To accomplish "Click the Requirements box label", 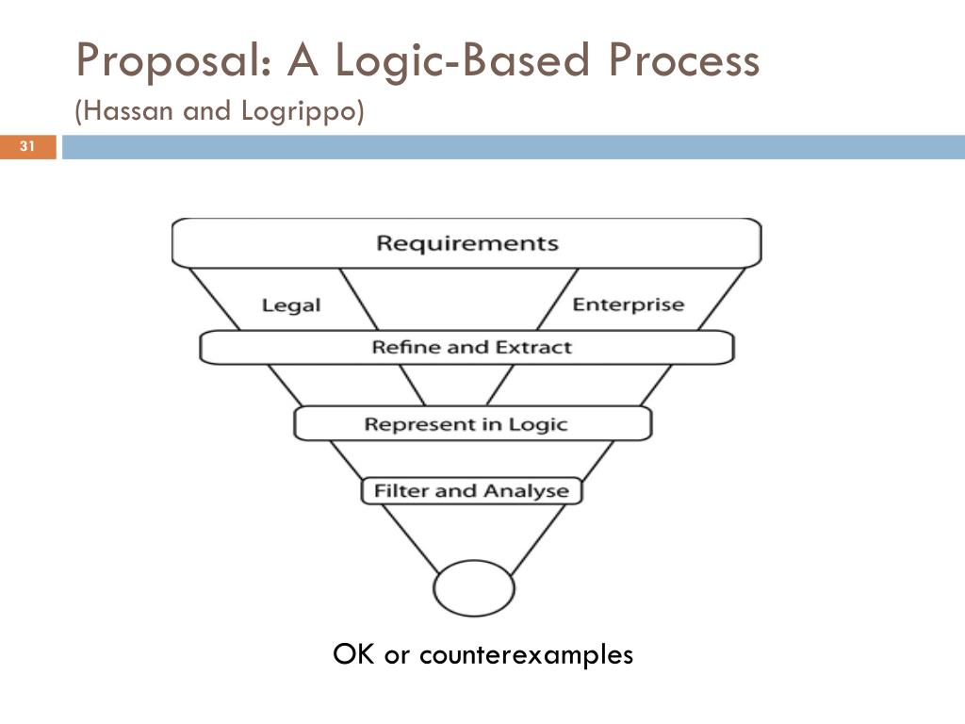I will (x=467, y=243).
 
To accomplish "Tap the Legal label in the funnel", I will (x=291, y=305).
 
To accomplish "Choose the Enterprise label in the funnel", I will (x=629, y=304).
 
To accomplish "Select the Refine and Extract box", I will (x=467, y=347).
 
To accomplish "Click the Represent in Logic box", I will (x=467, y=423).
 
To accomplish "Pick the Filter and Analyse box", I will (x=471, y=491).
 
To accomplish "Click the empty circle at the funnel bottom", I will (x=474, y=588).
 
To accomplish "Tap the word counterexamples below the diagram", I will (x=526, y=654).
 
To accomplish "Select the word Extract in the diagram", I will (x=535, y=347).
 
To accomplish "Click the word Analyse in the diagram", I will (x=526, y=491).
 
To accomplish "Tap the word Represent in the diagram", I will (x=410, y=424).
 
